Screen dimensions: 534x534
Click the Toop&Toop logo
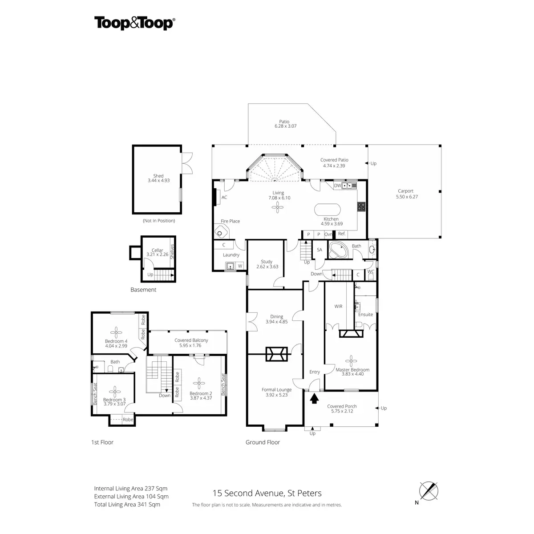click(135, 23)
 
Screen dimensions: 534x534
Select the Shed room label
click(158, 176)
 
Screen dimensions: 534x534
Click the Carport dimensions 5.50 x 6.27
click(407, 197)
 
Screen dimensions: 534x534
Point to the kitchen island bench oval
click(327, 210)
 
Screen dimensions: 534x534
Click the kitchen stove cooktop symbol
click(361, 206)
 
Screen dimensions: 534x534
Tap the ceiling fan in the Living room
click(277, 207)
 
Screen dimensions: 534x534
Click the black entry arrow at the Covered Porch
click(314, 398)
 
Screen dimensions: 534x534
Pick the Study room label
click(267, 262)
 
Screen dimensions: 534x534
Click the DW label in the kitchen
click(337, 186)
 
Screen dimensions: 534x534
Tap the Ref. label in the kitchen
click(342, 234)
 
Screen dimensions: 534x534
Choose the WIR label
click(338, 306)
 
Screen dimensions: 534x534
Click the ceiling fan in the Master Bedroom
click(351, 361)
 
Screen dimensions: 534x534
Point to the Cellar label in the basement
click(157, 250)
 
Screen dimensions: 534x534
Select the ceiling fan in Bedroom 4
click(116, 332)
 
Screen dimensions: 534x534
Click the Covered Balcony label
click(191, 340)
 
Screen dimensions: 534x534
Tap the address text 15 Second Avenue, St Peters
click(267, 494)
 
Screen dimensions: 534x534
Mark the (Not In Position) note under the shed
click(159, 221)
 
